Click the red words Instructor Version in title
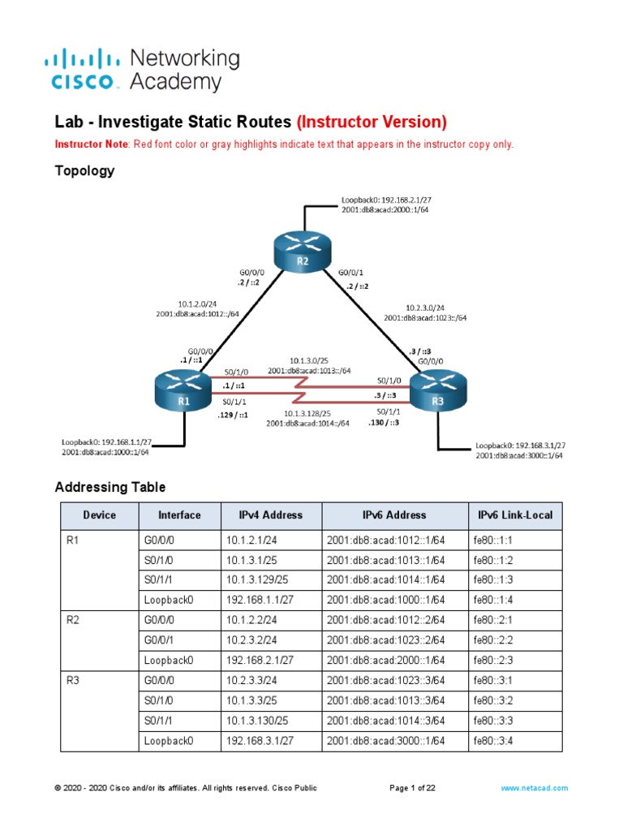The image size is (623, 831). click(372, 122)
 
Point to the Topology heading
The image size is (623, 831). click(84, 170)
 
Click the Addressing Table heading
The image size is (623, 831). click(110, 487)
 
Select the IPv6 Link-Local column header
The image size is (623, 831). click(514, 515)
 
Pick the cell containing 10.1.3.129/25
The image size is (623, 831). click(259, 579)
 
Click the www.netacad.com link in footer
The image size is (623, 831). click(534, 788)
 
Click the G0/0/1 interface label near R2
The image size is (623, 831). click(350, 273)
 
